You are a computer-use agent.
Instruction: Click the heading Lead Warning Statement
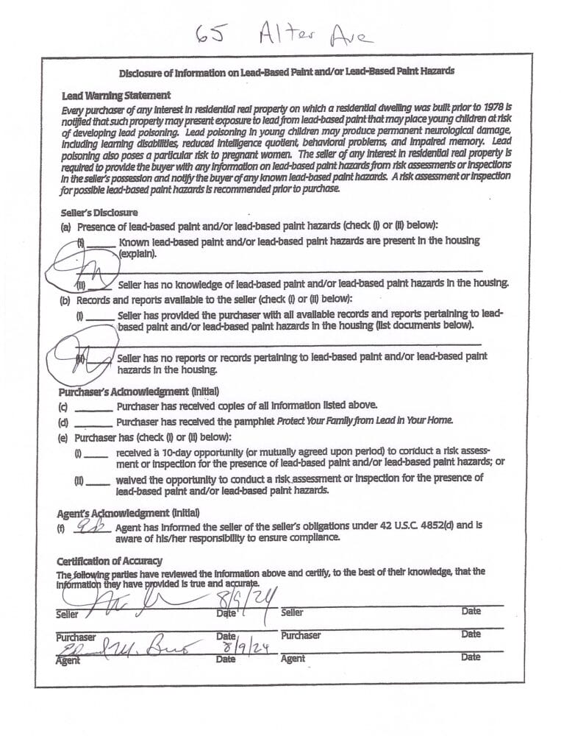(x=117, y=96)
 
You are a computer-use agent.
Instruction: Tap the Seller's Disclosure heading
(x=100, y=213)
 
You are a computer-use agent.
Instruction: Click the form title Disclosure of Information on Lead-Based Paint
(x=286, y=71)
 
